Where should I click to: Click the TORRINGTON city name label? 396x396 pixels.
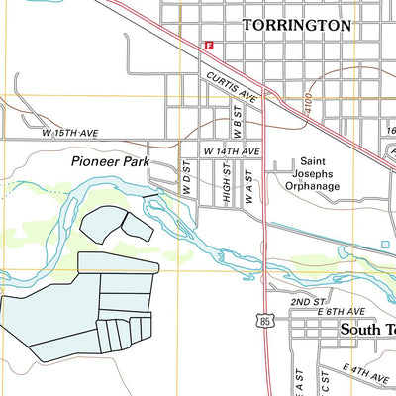[x=296, y=25]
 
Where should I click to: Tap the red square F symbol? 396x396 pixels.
[x=209, y=45]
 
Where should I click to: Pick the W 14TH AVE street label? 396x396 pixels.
[x=231, y=150]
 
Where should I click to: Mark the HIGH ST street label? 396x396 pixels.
[x=227, y=183]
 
